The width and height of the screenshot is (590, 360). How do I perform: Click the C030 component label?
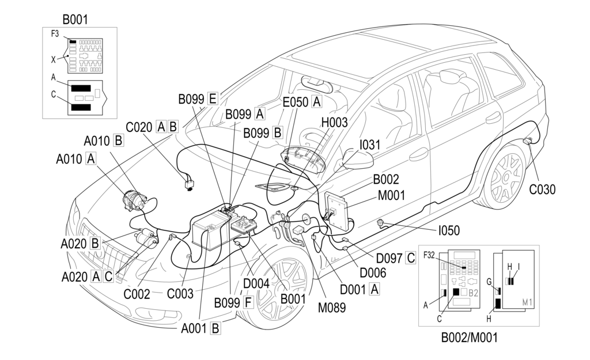[x=542, y=190]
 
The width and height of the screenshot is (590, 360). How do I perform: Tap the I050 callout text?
[x=449, y=230]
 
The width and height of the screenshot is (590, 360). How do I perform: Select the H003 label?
[x=334, y=122]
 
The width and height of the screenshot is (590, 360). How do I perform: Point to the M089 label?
[x=331, y=308]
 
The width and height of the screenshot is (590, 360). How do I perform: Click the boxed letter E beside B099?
[x=213, y=99]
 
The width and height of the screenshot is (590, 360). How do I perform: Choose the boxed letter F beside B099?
[x=248, y=302]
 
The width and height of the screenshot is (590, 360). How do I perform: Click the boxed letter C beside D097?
[x=410, y=258]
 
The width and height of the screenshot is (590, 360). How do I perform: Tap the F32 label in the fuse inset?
[x=429, y=255]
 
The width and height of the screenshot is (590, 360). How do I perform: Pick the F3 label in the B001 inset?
[x=55, y=34]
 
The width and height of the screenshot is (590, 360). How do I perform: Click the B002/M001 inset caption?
[x=469, y=338]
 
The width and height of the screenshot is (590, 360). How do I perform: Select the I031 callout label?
[x=369, y=145]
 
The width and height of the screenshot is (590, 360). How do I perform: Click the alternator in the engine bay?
[x=134, y=200]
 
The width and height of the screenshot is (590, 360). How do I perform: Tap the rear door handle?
[x=493, y=118]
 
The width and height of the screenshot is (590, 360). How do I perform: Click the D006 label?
[x=373, y=272]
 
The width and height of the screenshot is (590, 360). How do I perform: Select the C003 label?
[x=180, y=293]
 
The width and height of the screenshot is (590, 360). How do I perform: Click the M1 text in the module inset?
[x=527, y=302]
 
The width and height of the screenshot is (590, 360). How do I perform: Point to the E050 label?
[x=296, y=102]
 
